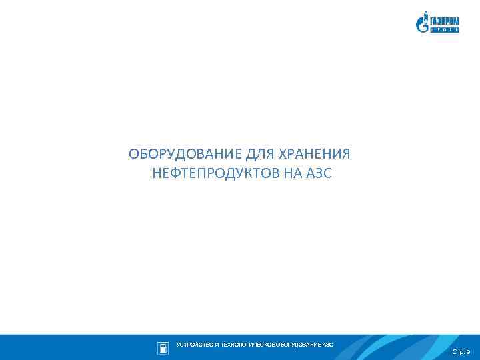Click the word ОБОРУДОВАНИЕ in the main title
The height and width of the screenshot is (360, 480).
coord(186,155)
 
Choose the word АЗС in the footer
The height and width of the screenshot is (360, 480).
coord(328,345)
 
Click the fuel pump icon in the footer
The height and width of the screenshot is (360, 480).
coord(163,347)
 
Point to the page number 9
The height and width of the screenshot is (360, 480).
coord(468,351)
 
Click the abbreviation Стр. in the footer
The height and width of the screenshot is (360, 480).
coord(458,351)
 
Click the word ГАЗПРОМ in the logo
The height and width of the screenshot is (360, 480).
coord(444,20)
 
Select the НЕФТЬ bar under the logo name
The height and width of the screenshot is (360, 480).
coord(444,29)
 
